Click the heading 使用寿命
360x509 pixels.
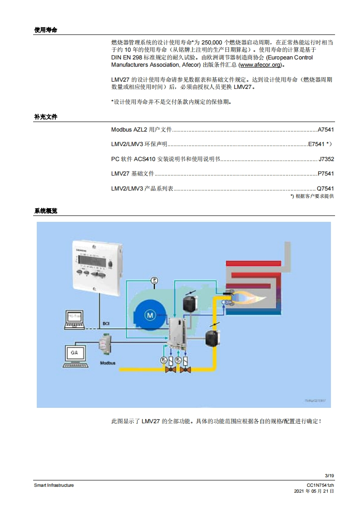45,30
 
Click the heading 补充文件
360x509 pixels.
45,117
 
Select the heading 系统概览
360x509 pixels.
45,211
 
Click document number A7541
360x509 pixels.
326,130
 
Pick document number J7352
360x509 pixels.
326,159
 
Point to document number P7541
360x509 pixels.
326,174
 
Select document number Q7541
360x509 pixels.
325,188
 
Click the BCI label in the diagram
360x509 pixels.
105,323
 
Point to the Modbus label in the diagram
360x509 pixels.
108,363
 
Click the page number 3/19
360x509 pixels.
329,475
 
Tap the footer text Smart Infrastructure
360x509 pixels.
54,485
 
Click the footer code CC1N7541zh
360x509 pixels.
321,485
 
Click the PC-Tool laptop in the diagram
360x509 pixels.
74,318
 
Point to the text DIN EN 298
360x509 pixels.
128,58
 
